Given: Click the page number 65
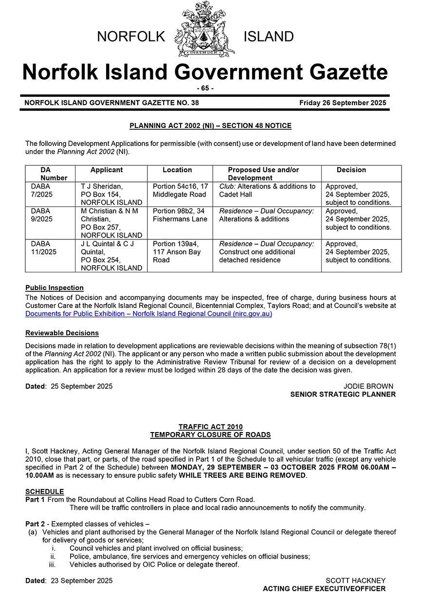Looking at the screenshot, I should point(205,88).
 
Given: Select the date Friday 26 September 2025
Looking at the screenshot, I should point(343,103).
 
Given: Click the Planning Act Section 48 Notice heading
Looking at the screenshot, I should point(210,126).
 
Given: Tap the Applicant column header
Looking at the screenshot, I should point(107,170).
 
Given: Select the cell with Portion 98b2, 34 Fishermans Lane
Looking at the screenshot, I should point(180,215).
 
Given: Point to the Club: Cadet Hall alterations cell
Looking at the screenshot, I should point(267,190).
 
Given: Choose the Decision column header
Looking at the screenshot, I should point(351,170).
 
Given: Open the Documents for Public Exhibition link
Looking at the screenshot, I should point(148,314).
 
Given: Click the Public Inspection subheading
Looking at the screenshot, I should point(55,288).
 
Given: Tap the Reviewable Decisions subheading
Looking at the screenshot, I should point(62,333).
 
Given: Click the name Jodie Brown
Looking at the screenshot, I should point(368,386).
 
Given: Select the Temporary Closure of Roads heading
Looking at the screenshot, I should point(210,435).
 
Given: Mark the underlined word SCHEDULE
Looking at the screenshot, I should point(44,492).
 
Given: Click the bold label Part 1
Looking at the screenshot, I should point(35,500).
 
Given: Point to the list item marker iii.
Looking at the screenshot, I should point(53,564).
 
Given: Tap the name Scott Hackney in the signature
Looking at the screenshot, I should point(355,580).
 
